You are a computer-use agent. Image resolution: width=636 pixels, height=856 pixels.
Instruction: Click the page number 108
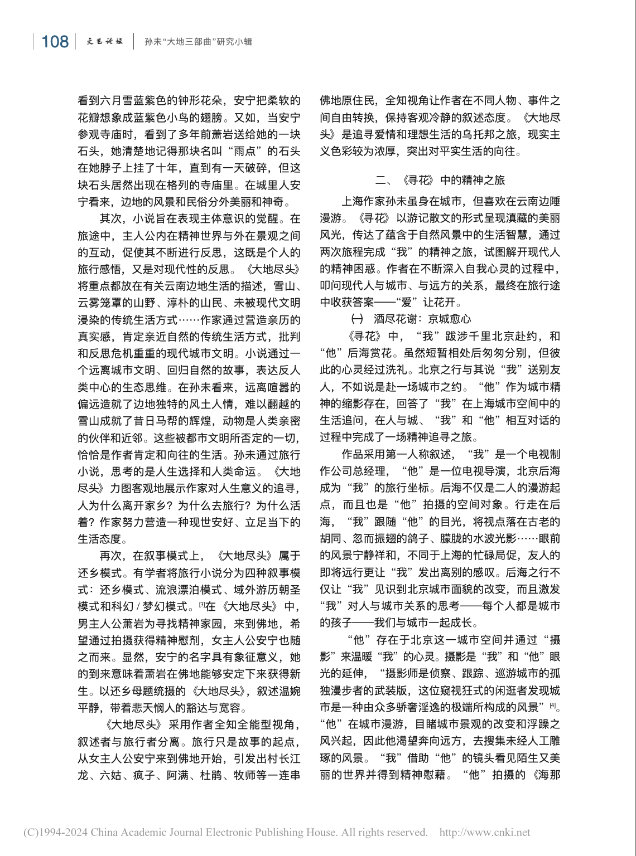(x=55, y=41)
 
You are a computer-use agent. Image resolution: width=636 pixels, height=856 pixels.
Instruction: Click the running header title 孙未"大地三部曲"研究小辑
(x=198, y=41)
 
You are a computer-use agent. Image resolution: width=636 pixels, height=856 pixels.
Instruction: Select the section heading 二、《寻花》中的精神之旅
(x=440, y=179)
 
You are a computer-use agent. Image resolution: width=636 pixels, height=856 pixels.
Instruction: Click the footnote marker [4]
(x=552, y=706)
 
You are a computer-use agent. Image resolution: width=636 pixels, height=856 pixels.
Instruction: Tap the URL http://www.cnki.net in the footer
(x=485, y=832)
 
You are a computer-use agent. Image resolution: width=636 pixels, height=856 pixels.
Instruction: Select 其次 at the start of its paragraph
(x=110, y=218)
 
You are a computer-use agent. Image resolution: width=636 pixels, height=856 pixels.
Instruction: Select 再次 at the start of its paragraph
(x=110, y=556)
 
